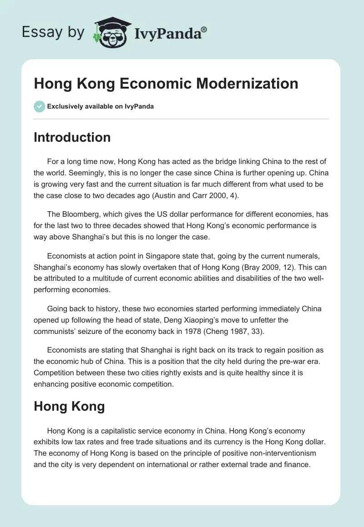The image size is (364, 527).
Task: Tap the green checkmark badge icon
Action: click(x=39, y=106)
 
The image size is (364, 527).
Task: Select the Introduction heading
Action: click(x=72, y=137)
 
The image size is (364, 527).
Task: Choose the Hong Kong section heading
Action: click(x=69, y=406)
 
